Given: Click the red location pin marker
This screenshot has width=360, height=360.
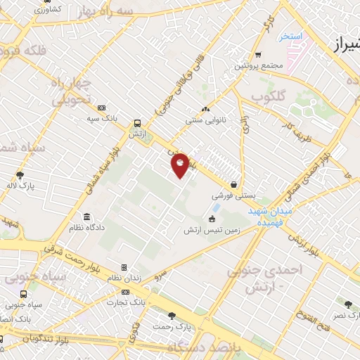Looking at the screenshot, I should coord(181,165).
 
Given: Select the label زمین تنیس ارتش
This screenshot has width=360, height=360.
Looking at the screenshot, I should coord(212,230).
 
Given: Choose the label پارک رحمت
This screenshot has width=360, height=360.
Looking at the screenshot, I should coord(174,328).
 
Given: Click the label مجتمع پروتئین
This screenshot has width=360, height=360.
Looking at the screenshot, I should coord(258,65).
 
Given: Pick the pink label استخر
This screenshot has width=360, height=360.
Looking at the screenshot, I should coord(290,35).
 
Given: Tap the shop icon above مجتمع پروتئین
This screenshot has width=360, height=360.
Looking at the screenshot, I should coord(258,55).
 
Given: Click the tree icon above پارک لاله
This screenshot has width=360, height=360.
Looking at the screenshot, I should coord(19,176).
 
